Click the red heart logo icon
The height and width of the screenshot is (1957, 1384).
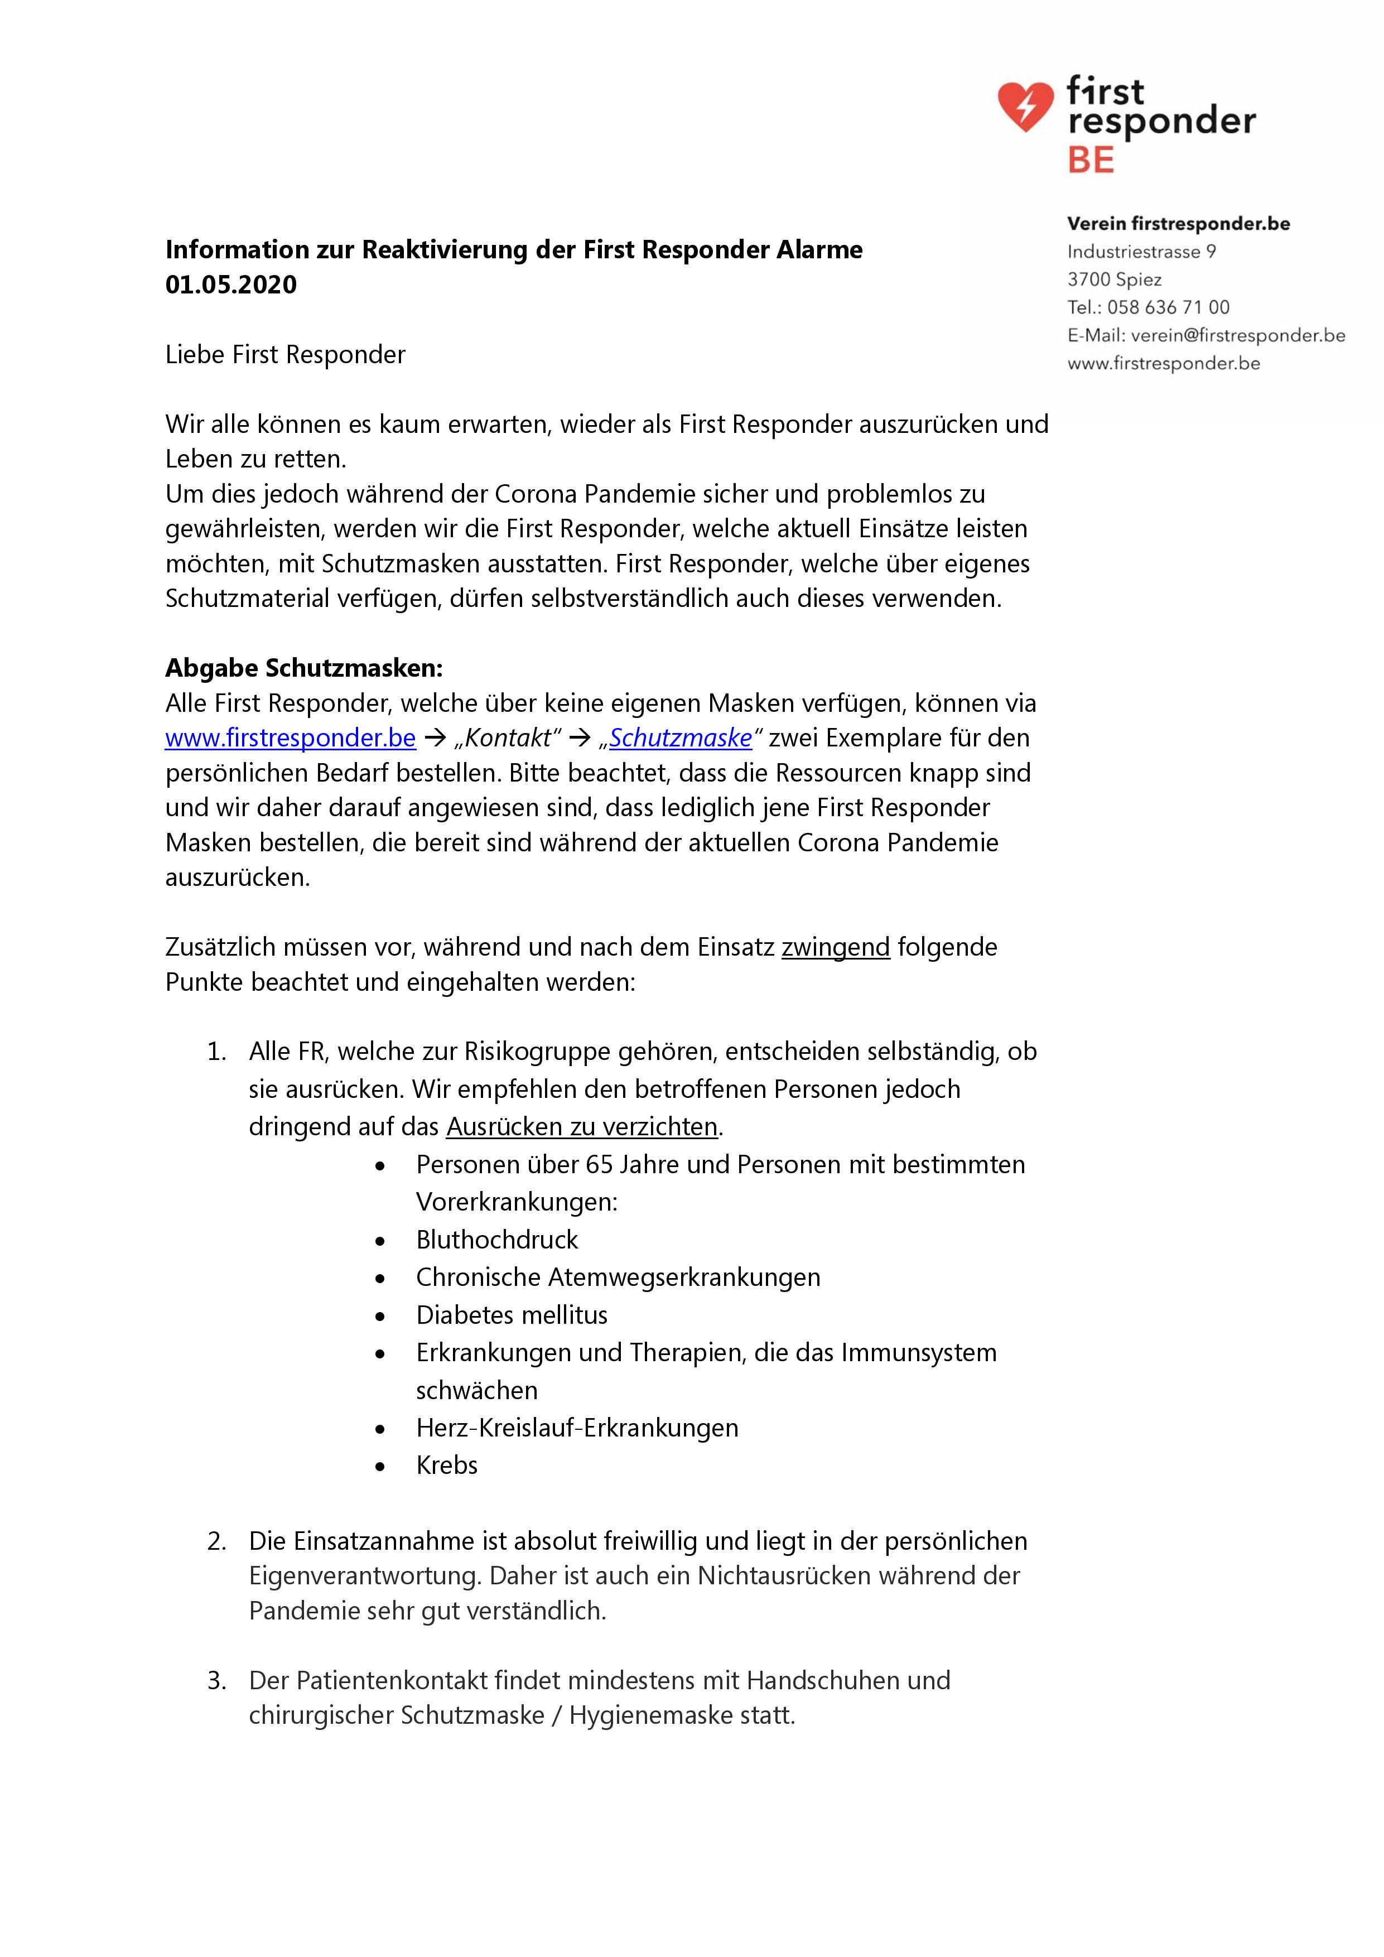[x=1025, y=107]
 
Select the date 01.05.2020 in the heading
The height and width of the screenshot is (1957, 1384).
[x=231, y=285]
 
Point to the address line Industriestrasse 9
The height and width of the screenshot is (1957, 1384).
[x=1141, y=252]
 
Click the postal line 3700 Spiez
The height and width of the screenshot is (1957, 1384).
[x=1114, y=279]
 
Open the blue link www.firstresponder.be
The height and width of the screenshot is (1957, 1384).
[x=291, y=738]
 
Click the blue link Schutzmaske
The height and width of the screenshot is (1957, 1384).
[x=680, y=738]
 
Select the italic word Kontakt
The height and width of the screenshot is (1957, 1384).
[x=509, y=738]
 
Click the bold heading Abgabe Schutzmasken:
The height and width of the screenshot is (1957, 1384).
[x=304, y=668]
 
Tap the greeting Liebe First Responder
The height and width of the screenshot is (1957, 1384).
[x=286, y=355]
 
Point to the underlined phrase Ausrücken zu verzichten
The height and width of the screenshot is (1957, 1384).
[x=582, y=1127]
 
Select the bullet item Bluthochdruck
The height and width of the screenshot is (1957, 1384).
[x=497, y=1240]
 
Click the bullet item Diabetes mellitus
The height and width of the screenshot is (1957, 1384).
[x=512, y=1315]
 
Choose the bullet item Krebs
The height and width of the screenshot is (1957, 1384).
[x=447, y=1465]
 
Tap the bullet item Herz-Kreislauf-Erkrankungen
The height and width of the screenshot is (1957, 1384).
[x=577, y=1428]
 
